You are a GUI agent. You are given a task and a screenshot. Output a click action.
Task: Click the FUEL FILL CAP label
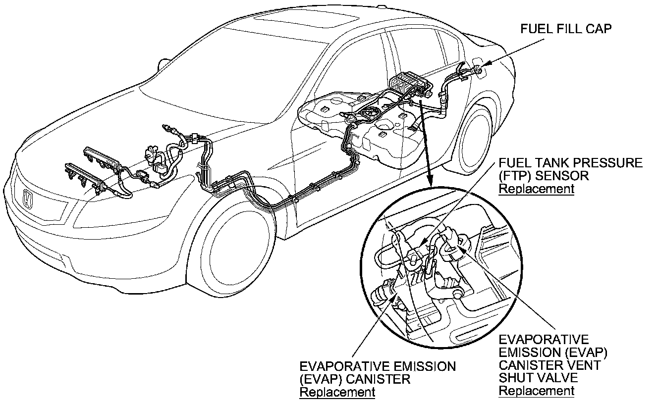(x=566, y=29)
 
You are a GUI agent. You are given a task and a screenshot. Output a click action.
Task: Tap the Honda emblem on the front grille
(x=28, y=200)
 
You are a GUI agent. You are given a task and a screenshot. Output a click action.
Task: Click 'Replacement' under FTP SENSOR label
(x=536, y=189)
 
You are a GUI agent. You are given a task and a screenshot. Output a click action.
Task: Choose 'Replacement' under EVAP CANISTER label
(x=337, y=393)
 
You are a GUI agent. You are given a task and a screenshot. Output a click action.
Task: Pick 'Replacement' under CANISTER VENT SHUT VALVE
(x=536, y=391)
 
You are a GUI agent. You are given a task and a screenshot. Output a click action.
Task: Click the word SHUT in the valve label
(x=518, y=378)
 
